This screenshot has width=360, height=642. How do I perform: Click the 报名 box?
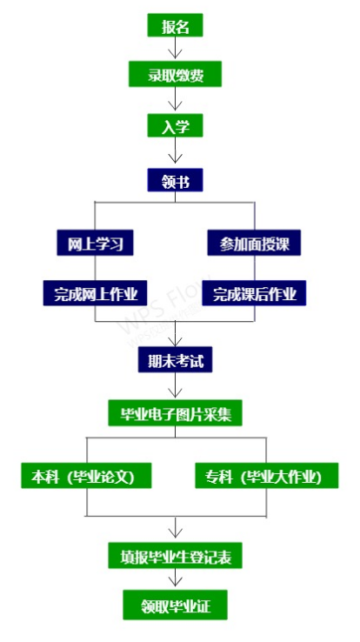click(175, 25)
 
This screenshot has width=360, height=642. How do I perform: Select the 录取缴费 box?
click(175, 74)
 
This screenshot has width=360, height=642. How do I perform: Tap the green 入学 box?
click(175, 125)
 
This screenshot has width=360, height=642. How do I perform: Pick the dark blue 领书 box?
click(175, 180)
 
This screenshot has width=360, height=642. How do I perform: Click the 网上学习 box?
click(96, 243)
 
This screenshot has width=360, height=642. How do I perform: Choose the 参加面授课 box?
click(254, 243)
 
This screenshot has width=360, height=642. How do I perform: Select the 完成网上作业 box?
click(96, 293)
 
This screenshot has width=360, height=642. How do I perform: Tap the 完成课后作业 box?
click(254, 293)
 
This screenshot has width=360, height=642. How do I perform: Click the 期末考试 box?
click(175, 360)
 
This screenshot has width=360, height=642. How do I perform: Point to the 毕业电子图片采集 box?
click(175, 412)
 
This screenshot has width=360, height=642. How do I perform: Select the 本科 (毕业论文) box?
click(86, 475)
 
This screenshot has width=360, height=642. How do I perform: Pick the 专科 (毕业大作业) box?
click(267, 475)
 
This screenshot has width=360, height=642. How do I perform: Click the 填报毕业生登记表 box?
click(175, 556)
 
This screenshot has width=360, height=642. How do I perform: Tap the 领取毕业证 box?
click(175, 605)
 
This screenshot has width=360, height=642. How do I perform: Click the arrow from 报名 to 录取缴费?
click(175, 49)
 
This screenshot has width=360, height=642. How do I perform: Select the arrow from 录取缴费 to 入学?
click(175, 99)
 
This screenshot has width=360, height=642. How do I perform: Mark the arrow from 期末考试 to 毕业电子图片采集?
click(175, 385)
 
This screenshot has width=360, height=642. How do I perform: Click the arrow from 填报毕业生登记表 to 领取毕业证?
click(175, 578)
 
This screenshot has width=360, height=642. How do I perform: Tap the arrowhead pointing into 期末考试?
click(175, 342)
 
